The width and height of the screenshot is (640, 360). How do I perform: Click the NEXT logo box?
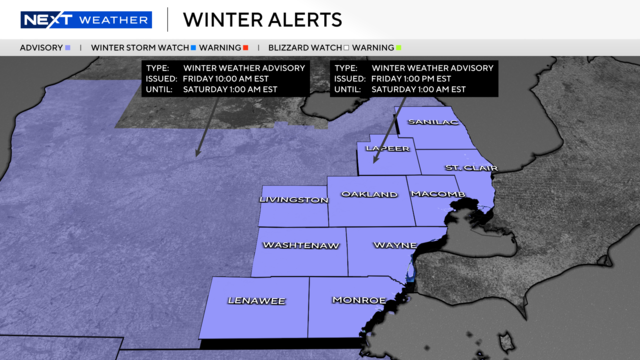46,20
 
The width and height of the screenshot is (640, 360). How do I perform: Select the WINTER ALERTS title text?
263,20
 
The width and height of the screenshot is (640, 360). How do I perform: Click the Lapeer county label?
388,149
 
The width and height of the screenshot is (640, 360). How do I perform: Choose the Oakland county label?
369,194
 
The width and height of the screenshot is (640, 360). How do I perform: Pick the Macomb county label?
437,193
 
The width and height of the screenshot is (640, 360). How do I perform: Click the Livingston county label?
293,199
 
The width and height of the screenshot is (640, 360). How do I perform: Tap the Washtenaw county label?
300,245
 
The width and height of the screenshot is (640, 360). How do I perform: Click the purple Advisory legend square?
67,47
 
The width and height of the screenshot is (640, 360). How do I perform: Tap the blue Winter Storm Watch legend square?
192,47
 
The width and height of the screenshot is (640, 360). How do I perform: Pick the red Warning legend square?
245,47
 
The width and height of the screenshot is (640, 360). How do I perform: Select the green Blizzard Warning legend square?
398,47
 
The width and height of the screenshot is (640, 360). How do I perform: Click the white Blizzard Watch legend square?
346,47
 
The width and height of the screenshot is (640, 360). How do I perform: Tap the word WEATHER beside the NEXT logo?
114,20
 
